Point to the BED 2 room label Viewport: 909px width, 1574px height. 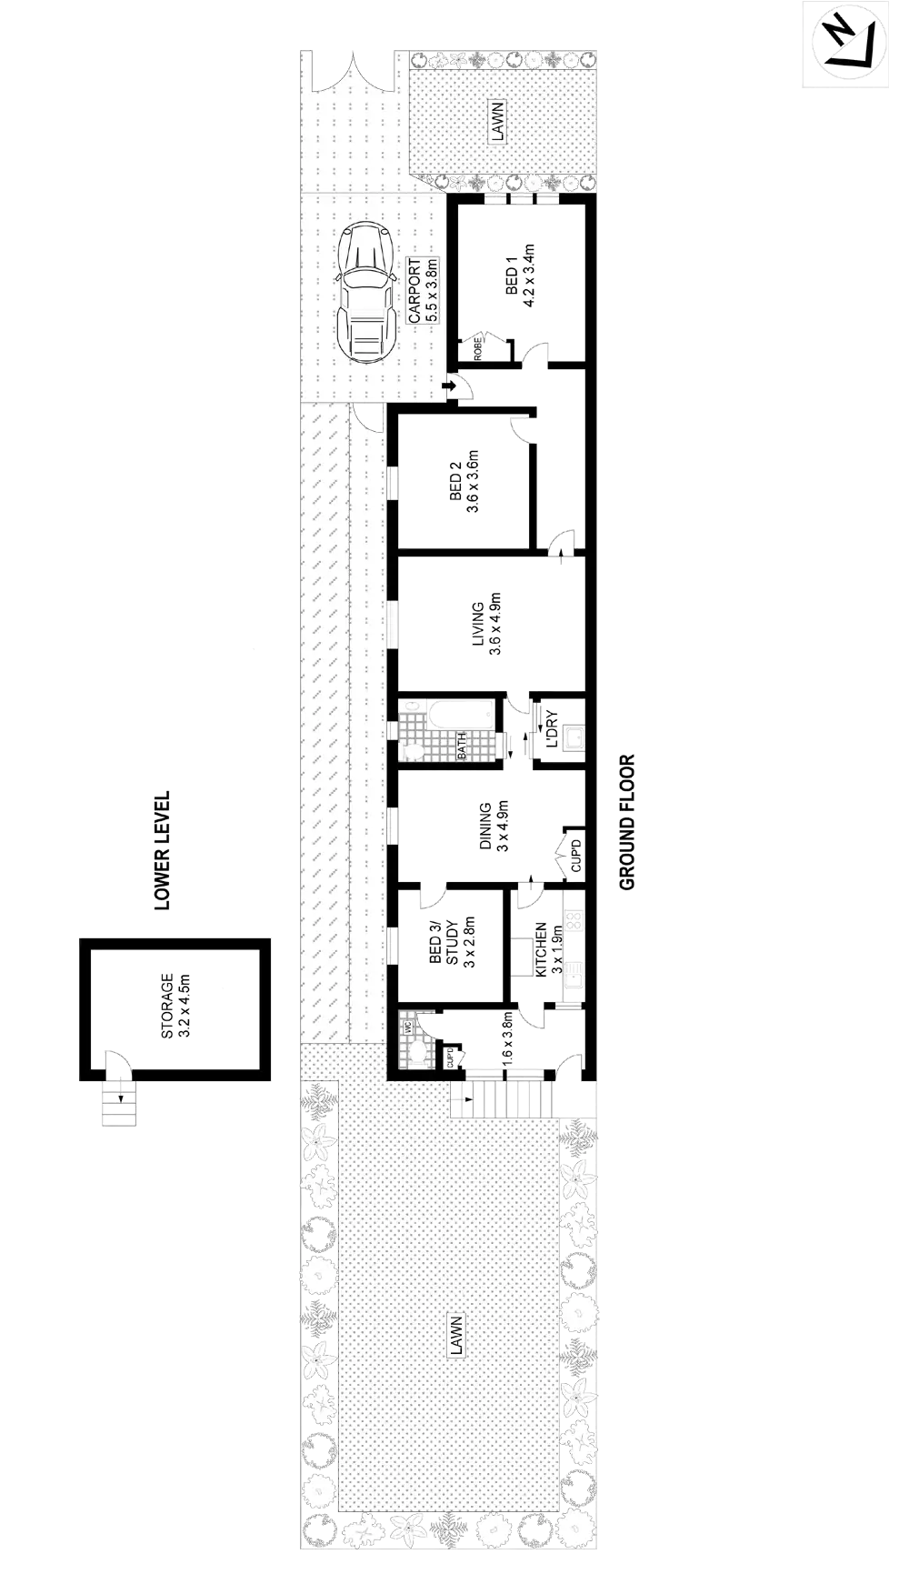[x=464, y=481]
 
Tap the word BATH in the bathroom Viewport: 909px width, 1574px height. [x=462, y=747]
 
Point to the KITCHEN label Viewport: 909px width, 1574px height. [x=548, y=949]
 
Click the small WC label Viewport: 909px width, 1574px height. [x=408, y=1026]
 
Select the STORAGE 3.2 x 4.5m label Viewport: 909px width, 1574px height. [x=175, y=1007]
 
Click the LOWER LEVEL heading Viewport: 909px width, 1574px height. [x=163, y=850]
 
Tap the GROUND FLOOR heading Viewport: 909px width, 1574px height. [x=627, y=822]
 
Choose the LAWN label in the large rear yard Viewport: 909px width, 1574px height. [x=456, y=1335]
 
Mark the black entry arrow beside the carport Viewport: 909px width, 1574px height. [x=449, y=388]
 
